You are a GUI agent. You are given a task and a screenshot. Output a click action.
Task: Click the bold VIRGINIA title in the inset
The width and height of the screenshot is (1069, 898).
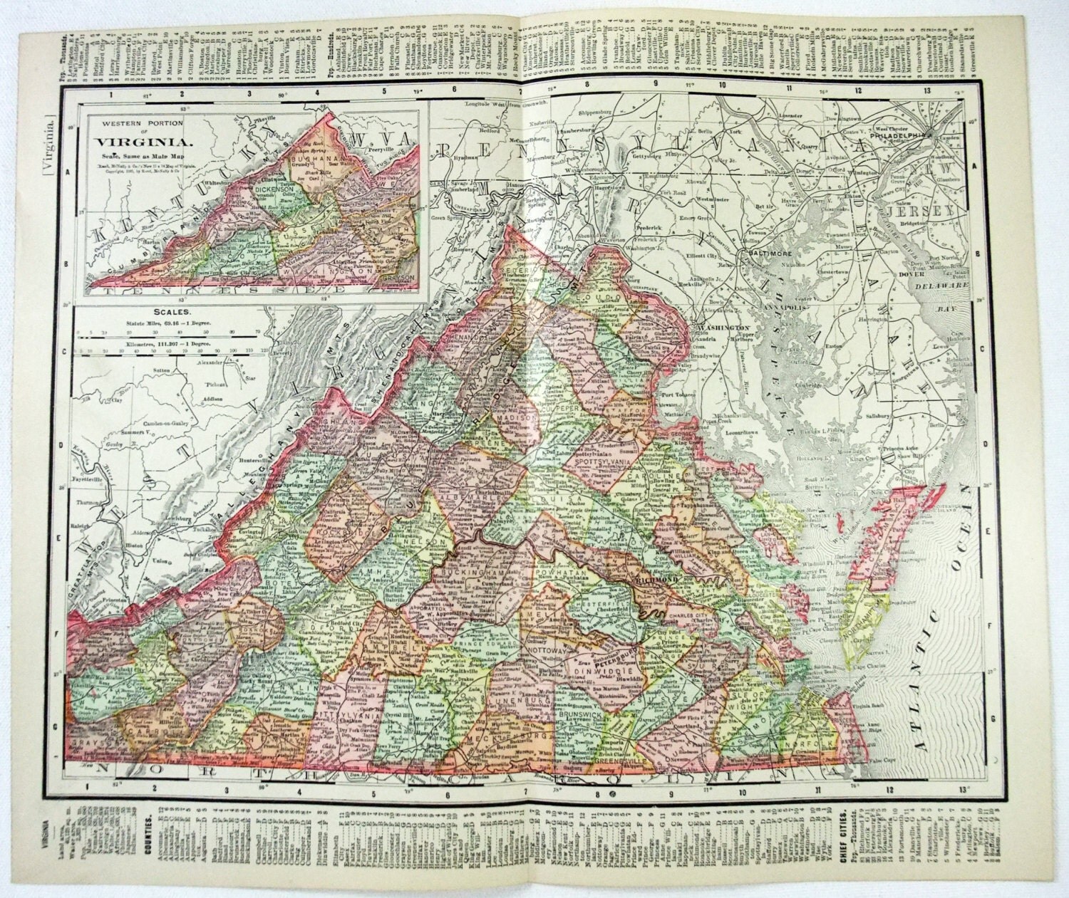[128, 138]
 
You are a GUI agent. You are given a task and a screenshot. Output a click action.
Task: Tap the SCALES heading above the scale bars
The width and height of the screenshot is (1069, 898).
[169, 311]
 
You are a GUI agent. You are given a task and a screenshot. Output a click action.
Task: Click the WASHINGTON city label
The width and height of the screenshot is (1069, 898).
[715, 328]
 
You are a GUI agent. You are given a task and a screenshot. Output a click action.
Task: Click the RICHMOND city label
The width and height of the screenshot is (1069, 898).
[651, 580]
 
